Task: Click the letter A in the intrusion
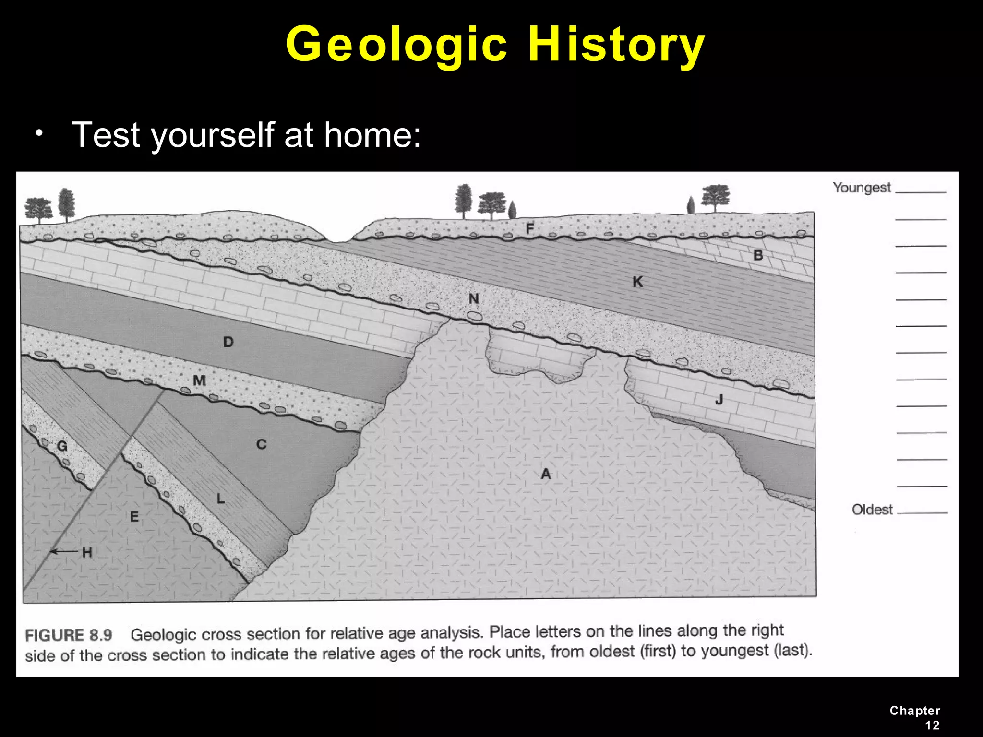pos(546,474)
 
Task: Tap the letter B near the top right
pos(758,255)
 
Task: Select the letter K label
pos(637,282)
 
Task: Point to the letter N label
pos(474,299)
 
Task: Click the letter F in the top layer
pos(529,228)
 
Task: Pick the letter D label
pos(228,342)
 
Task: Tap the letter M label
pos(199,380)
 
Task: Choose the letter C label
pos(261,444)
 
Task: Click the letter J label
pos(719,399)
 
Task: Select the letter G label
pos(62,447)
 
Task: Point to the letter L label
pos(220,499)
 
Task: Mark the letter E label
pos(134,517)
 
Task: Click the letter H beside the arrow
pos(87,553)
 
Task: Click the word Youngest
pos(862,188)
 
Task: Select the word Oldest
pos(872,509)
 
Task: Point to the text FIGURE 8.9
pos(69,635)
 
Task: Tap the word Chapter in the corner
pos(914,711)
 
